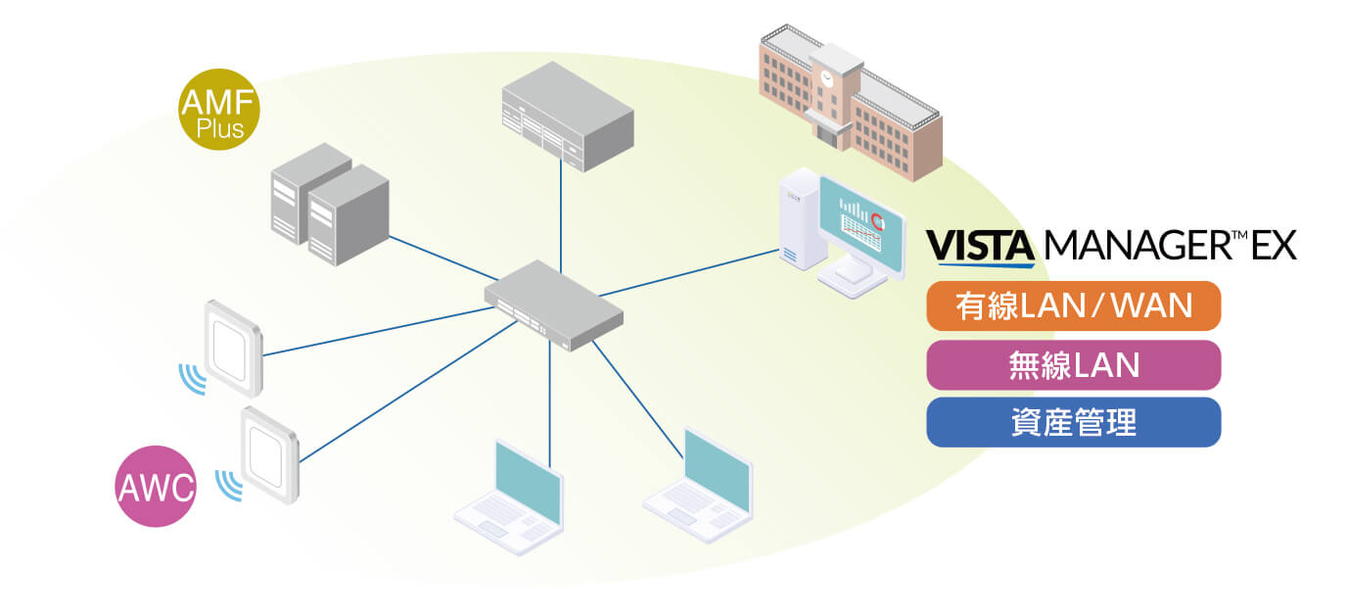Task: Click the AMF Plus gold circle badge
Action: coord(218,112)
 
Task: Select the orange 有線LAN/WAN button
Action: coord(1073,306)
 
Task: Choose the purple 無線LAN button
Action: coord(1073,365)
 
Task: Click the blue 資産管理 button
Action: coord(1073,423)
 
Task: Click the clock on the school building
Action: coord(828,75)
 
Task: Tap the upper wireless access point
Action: coord(233,346)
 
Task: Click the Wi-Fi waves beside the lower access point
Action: coord(229,484)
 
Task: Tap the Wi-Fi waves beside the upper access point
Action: coord(192,378)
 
